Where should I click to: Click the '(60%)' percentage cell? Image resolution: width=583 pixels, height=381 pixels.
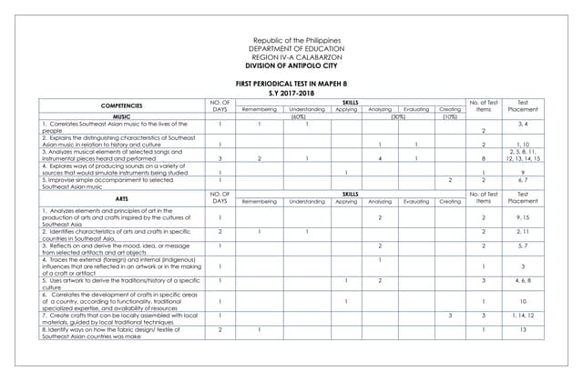pyautogui.click(x=297, y=116)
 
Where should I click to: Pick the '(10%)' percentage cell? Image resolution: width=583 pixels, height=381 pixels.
pyautogui.click(x=450, y=116)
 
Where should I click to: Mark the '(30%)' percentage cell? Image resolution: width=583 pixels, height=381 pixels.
pyautogui.click(x=397, y=116)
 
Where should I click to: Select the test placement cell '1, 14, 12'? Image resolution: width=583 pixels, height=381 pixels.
pyautogui.click(x=523, y=315)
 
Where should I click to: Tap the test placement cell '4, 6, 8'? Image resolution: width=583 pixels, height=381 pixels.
pyautogui.click(x=523, y=282)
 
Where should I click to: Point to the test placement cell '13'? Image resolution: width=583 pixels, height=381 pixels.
pyautogui.click(x=523, y=330)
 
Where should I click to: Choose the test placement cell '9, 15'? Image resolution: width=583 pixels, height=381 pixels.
pyautogui.click(x=523, y=217)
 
